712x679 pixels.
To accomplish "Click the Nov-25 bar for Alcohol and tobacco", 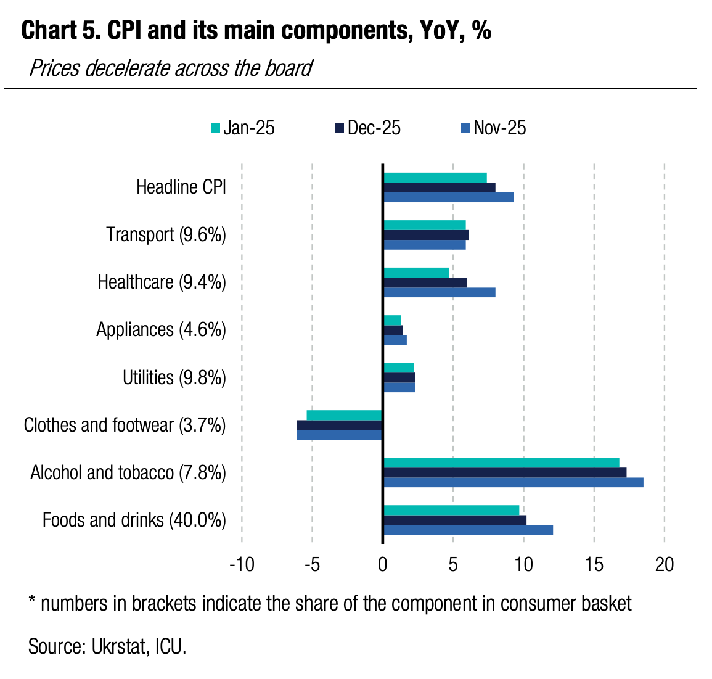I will pyautogui.click(x=513, y=482).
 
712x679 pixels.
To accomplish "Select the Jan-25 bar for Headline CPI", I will pyautogui.click(x=435, y=178).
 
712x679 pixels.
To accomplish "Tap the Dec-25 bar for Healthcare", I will pyautogui.click(x=425, y=282).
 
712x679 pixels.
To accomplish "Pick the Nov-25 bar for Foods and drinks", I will pyautogui.click(x=468, y=530).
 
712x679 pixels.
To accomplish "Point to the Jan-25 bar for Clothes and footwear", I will pyautogui.click(x=345, y=415).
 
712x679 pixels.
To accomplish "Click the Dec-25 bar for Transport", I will pyautogui.click(x=426, y=235).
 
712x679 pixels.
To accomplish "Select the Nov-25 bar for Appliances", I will pyautogui.click(x=395, y=340).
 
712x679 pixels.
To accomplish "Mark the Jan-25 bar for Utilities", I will pyautogui.click(x=399, y=368).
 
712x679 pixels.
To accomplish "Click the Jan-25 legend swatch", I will pyautogui.click(x=215, y=128).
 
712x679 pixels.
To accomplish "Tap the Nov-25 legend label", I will pyautogui.click(x=500, y=128).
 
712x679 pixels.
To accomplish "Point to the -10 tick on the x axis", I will pyautogui.click(x=242, y=564).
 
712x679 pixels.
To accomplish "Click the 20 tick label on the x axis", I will pyautogui.click(x=665, y=564).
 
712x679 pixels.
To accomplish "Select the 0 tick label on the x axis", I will pyautogui.click(x=383, y=564).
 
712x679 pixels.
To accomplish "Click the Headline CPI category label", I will pyautogui.click(x=181, y=187).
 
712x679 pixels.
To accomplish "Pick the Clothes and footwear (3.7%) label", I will pyautogui.click(x=125, y=425).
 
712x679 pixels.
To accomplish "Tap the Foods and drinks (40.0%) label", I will pyautogui.click(x=134, y=520).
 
